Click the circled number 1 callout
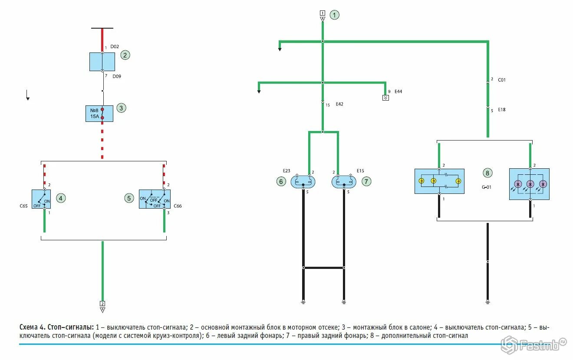(334, 15)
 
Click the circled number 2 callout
(125, 55)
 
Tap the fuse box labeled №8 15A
(99, 113)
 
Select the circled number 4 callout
(61, 198)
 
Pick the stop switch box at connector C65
(41, 199)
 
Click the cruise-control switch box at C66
(155, 199)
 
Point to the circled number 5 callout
(129, 198)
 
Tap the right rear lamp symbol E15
(344, 182)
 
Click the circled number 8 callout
(487, 173)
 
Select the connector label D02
(115, 46)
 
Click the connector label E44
(398, 92)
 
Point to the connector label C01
(501, 80)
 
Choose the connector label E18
(501, 110)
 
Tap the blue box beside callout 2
(102, 62)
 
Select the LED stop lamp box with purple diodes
(529, 184)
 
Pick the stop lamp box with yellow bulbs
(439, 181)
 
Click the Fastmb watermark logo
(534, 345)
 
